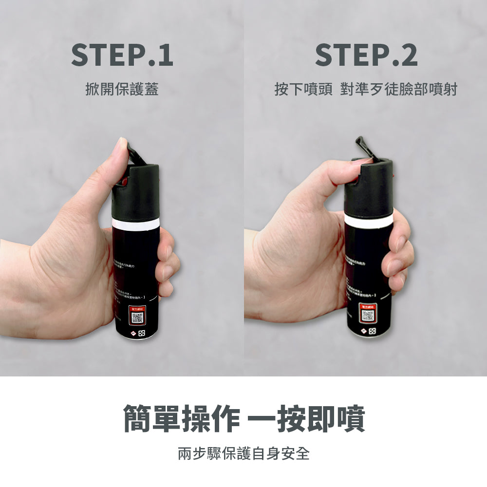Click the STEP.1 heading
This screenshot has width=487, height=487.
122,55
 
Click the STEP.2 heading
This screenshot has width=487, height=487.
366,55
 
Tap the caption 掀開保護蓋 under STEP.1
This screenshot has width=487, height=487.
122,90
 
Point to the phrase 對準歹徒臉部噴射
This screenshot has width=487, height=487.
399,90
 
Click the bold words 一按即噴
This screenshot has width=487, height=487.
307,418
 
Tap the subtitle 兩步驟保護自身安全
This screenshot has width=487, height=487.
243,454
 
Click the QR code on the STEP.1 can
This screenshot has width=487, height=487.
138,318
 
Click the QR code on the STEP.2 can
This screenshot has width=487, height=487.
368,316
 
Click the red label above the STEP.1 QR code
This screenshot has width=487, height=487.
138,309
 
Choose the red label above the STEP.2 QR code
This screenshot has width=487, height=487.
368,306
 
